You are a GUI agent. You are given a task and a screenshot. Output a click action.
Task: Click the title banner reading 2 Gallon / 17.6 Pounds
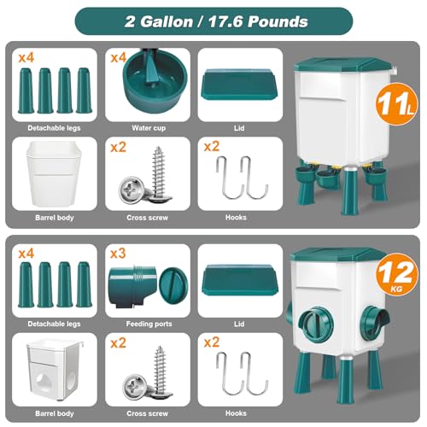pos(213,21)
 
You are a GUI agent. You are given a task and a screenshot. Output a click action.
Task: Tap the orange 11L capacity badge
pos(396,104)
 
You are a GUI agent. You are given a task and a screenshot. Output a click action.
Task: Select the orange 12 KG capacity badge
pos(397,275)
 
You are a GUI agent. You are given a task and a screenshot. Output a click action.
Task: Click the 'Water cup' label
pos(149,128)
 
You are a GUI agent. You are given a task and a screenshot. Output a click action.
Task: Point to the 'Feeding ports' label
pos(149,324)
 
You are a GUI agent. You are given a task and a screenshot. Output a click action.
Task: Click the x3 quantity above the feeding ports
pos(118,254)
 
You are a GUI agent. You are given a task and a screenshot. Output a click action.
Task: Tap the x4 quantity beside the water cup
pos(119,58)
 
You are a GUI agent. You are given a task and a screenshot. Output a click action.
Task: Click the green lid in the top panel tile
pos(239,85)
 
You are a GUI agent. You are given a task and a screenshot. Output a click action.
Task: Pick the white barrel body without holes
pos(54,173)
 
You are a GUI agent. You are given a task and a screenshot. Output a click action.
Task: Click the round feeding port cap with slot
pos(173,286)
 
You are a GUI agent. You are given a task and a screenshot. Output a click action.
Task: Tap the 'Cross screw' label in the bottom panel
pos(148,413)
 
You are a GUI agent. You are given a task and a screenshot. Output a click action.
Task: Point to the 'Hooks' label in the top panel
pos(236,218)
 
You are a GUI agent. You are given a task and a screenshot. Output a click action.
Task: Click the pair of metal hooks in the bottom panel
pos(242,373)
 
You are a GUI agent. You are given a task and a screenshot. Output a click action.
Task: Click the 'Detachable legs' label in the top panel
pos(54,128)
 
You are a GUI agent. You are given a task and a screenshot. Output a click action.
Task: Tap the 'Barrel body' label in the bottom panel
pos(55,413)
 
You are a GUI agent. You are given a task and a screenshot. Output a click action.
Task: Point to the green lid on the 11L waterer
pos(343,65)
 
